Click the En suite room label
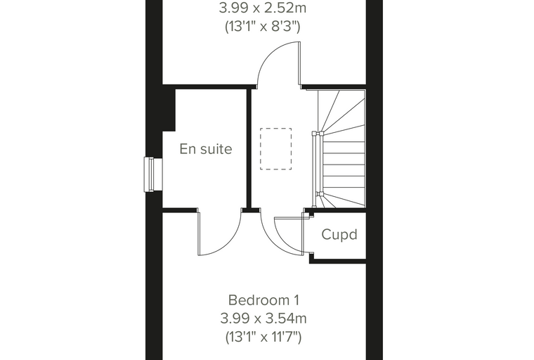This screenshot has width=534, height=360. (206, 149)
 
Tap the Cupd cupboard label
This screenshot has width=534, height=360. (339, 235)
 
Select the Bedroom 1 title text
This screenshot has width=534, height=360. (263, 300)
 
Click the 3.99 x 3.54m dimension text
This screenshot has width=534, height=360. (263, 319)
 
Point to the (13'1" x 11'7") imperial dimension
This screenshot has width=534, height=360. (263, 337)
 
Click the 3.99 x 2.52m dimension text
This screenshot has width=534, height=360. (263, 8)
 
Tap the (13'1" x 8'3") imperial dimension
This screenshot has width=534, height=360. (263, 26)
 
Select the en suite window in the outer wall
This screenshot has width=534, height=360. (153, 174)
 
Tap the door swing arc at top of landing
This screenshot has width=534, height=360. (269, 55)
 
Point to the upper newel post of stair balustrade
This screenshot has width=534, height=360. (318, 134)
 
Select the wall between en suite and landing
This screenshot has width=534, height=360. (249, 148)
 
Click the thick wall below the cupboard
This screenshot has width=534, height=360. (337, 261)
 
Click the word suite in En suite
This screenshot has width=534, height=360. (214, 149)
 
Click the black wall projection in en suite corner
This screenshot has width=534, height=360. (169, 110)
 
